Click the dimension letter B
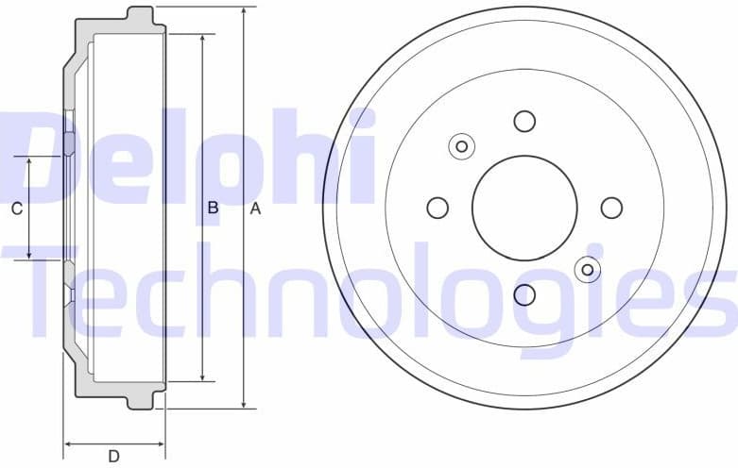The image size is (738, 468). pyautogui.click(x=213, y=209)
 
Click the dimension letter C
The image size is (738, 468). pyautogui.click(x=16, y=209)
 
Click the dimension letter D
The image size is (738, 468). pyautogui.click(x=113, y=457)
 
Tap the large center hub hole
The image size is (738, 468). pyautogui.click(x=524, y=208)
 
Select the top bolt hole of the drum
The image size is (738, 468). pyautogui.click(x=524, y=121)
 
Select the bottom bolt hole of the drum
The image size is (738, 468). pyautogui.click(x=524, y=295)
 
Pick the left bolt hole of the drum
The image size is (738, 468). pyautogui.click(x=438, y=208)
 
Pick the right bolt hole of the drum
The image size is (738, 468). pyautogui.click(x=611, y=208)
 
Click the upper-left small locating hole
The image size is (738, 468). pyautogui.click(x=462, y=146)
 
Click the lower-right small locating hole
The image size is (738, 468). pyautogui.click(x=587, y=271)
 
